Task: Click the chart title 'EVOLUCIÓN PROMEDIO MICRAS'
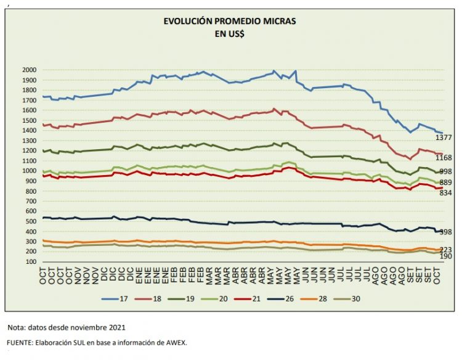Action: (229, 22)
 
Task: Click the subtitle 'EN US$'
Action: (229, 35)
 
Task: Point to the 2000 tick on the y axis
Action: (29, 70)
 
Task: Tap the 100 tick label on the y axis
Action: (31, 262)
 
